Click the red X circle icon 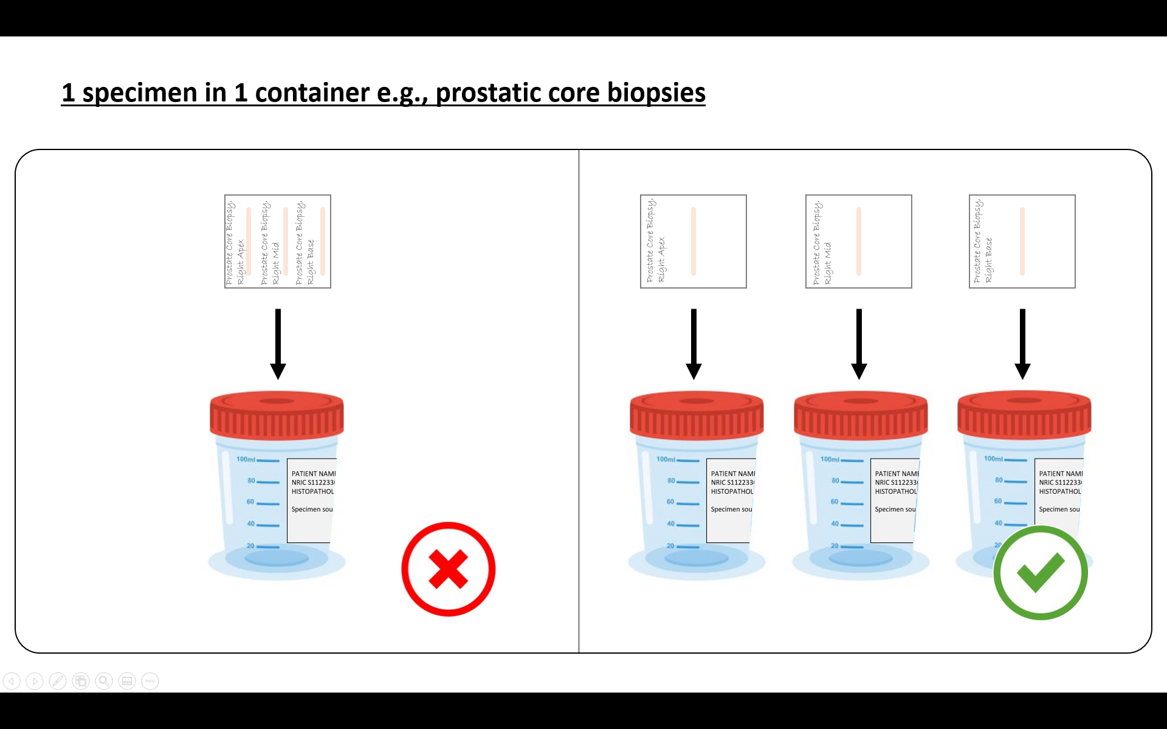pyautogui.click(x=449, y=569)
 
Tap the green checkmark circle pyautogui.click(x=1041, y=572)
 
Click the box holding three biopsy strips pyautogui.click(x=278, y=241)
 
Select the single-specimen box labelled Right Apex pyautogui.click(x=694, y=241)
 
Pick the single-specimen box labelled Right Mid pyautogui.click(x=858, y=241)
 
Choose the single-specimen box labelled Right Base pyautogui.click(x=1022, y=241)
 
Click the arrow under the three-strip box pyautogui.click(x=278, y=344)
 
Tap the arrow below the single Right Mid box pyautogui.click(x=859, y=344)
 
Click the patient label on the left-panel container pyautogui.click(x=311, y=500)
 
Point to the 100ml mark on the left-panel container pyautogui.click(x=246, y=459)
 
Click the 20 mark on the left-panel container pyautogui.click(x=250, y=546)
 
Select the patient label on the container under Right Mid pyautogui.click(x=894, y=500)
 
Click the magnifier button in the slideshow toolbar pyautogui.click(x=104, y=681)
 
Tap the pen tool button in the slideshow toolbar pyautogui.click(x=58, y=681)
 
